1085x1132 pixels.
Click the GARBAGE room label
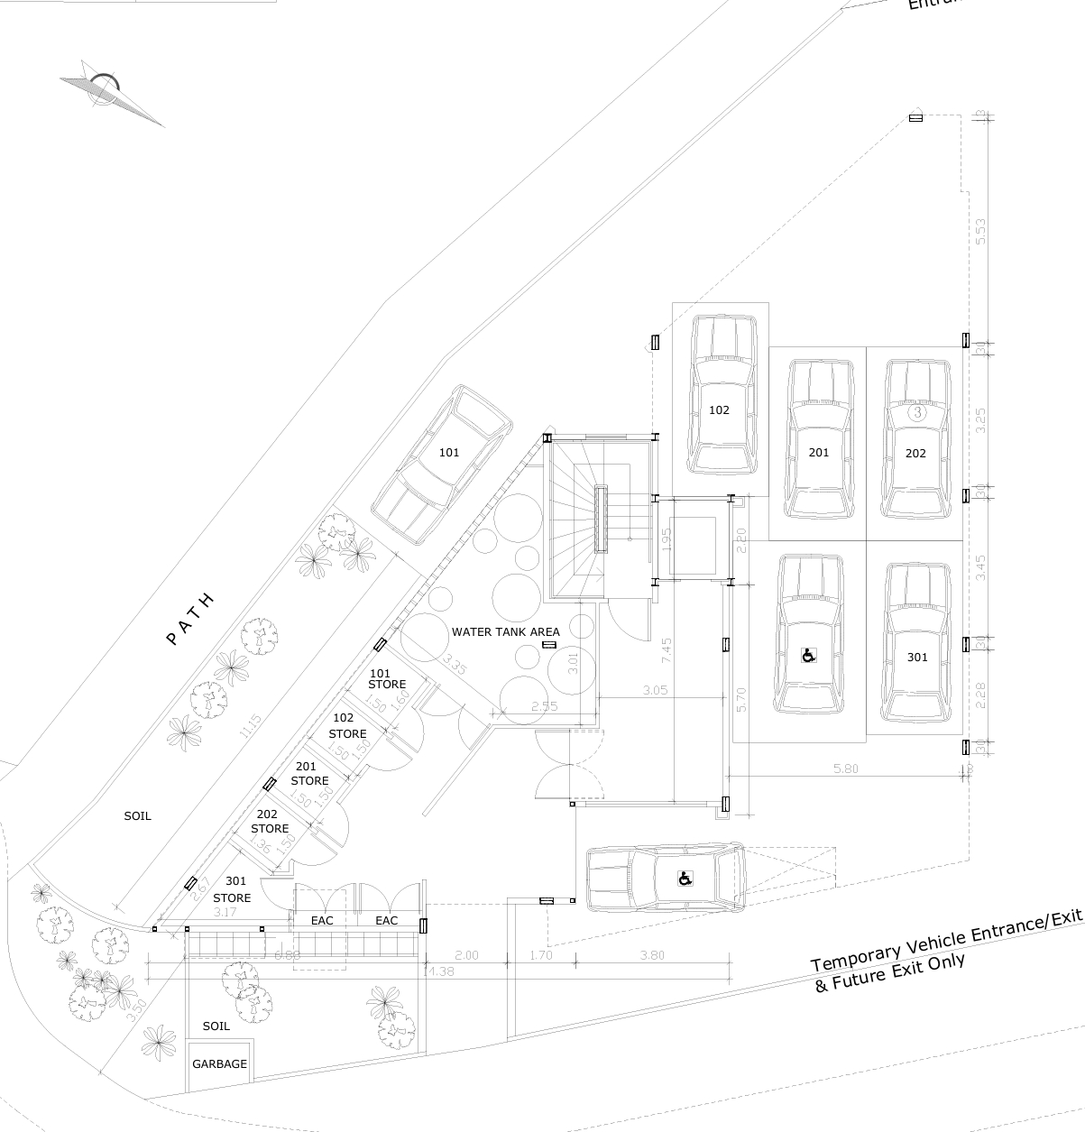tap(219, 1064)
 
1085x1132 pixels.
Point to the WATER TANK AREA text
tap(506, 631)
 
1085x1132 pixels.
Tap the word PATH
tap(190, 619)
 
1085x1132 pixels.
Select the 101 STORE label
tap(387, 679)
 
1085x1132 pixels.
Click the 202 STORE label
tap(270, 822)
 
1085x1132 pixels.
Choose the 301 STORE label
tap(233, 889)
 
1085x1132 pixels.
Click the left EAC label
tap(322, 921)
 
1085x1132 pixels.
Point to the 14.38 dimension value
tap(438, 971)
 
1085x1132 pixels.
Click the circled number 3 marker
tap(917, 412)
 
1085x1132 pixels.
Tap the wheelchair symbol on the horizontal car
tap(685, 878)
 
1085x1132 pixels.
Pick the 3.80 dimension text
tap(651, 955)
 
